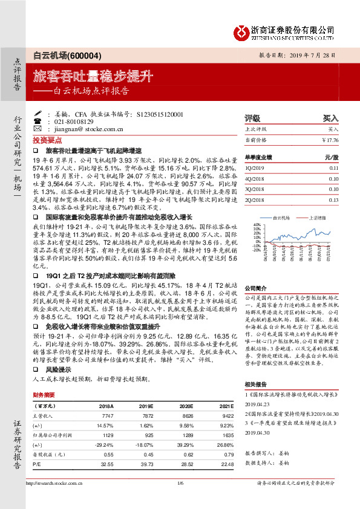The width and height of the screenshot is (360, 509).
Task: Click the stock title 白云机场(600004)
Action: (x=62, y=54)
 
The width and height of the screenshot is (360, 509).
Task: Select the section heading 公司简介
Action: (x=256, y=288)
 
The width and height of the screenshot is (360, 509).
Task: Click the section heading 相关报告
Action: (x=256, y=384)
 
